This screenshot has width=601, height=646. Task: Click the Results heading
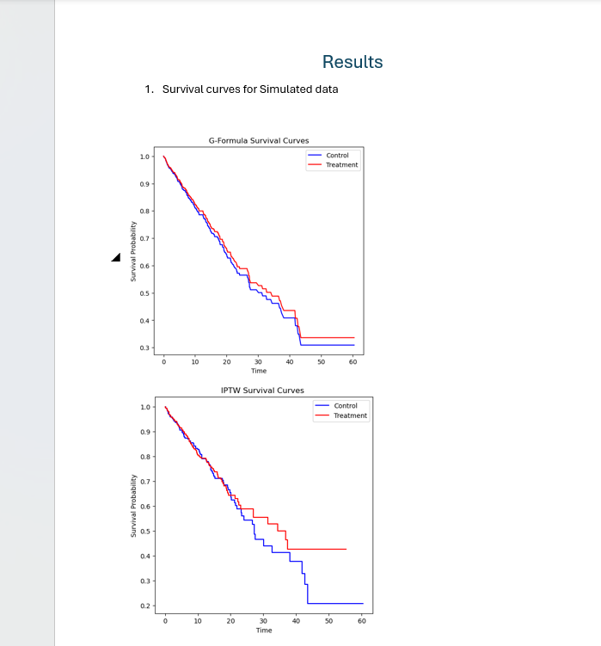point(353,62)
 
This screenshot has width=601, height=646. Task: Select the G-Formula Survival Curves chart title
point(259,140)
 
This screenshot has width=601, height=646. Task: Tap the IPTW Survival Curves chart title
point(262,391)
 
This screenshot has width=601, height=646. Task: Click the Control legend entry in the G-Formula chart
point(337,156)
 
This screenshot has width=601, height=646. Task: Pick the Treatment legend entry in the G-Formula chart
point(341,164)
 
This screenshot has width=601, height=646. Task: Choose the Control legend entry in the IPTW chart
point(346,405)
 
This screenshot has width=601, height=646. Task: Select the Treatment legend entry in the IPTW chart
point(350,415)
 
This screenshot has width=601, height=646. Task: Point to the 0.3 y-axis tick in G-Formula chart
point(144,348)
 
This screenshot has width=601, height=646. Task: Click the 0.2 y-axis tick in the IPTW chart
point(146,606)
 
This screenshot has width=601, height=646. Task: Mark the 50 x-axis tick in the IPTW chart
point(328,620)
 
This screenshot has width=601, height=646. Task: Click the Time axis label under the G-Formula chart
point(259,371)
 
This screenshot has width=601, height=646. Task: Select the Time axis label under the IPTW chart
point(263,630)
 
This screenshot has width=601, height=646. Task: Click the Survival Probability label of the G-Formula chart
point(133,251)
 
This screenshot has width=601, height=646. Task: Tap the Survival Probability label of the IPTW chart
point(133,506)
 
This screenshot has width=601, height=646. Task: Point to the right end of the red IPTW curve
point(346,549)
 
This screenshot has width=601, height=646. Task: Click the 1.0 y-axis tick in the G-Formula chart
point(144,157)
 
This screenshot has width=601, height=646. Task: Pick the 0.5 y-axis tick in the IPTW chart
point(146,532)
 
